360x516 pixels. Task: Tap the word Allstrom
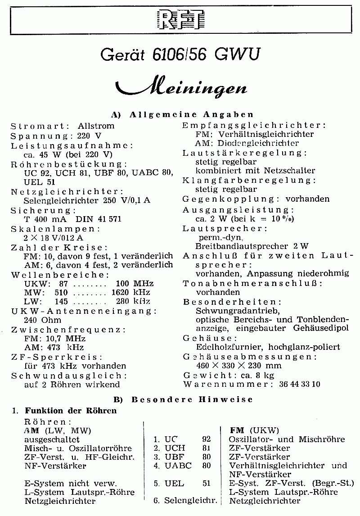click(96, 126)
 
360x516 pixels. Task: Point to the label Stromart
click(40, 126)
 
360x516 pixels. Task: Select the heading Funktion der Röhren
click(71, 410)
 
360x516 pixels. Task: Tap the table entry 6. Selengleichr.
click(185, 500)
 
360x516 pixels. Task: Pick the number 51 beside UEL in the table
click(207, 483)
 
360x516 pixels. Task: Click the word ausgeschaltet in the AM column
click(52, 439)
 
